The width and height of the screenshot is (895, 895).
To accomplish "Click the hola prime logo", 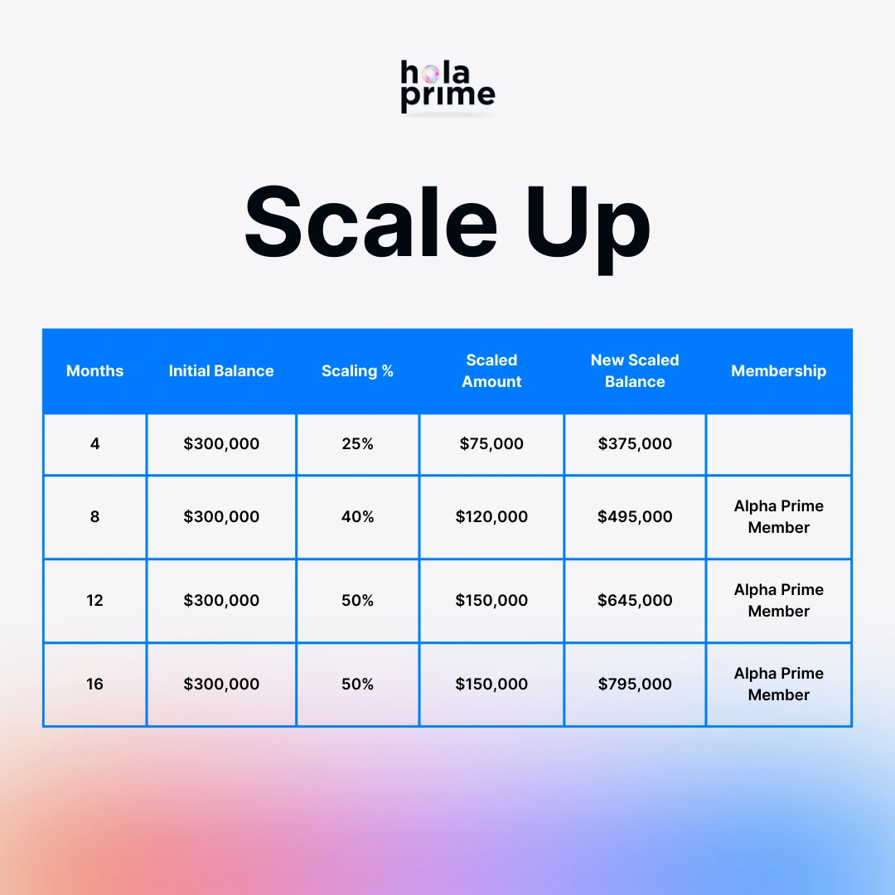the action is pos(447,86).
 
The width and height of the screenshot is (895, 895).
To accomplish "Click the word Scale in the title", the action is pos(371,223).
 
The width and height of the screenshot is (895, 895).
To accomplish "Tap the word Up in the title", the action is pos(588,230).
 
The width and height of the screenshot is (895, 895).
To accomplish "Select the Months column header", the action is pos(94,371).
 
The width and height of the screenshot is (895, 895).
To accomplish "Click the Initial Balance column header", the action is pos(221,371).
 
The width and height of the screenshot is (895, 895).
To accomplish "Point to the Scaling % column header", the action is pos(357,371).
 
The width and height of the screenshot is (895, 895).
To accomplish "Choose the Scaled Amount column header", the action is pos(491,371).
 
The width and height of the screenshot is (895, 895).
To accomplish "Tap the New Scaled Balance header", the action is pos(635,371).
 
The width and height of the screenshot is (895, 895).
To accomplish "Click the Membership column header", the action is pos(778,371).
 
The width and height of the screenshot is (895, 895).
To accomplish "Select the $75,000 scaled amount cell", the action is pos(491,443).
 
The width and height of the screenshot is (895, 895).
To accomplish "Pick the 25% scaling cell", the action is pos(357,443).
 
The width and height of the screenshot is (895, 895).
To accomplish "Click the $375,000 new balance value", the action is pos(635,443).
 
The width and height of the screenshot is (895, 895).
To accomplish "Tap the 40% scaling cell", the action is pos(357,516).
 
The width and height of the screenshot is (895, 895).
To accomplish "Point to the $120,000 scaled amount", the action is pos(491,516).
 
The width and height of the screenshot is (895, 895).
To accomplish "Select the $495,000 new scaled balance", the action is pos(635,516).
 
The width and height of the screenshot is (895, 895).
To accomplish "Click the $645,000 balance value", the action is pos(635,601).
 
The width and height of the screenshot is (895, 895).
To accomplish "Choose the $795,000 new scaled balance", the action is pos(635,684).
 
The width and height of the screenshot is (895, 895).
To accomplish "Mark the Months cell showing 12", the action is pos(94,601).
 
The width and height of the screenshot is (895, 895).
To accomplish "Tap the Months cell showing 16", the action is pos(94,684).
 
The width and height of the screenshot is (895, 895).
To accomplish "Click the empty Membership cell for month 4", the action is pos(778,444).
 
